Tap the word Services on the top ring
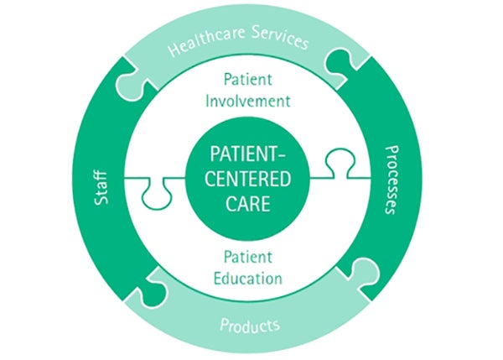pos(280,37)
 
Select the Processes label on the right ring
pos(392,180)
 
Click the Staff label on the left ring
pos(101,188)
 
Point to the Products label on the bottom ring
pos(250,326)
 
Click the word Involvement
pos(248,102)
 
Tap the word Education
pos(248,279)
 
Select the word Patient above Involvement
pos(248,80)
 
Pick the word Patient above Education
pos(248,257)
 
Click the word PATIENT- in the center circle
pos(247,154)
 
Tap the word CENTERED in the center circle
pos(247,179)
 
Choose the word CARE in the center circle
pos(247,204)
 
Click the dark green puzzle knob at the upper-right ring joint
pos(340,61)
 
